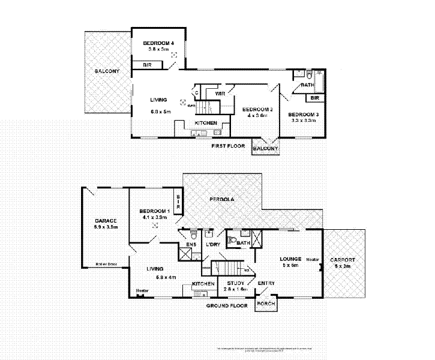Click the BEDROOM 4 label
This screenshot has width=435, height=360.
[x=158, y=43]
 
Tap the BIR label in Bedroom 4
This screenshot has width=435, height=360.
[x=146, y=65]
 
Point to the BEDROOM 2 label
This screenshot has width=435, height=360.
[x=257, y=109]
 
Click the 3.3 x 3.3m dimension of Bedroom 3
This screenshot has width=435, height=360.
[x=302, y=120]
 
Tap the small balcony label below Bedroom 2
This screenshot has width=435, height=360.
[x=265, y=148]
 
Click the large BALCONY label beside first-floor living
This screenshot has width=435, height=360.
[x=107, y=71]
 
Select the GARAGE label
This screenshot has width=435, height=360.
[x=105, y=221]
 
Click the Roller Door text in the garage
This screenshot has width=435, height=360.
[x=106, y=264]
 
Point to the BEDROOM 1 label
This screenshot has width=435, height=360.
[x=154, y=211]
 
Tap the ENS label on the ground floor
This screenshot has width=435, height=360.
[x=191, y=244]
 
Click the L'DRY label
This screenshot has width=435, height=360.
[x=214, y=244]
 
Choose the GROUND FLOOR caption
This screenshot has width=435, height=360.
[x=227, y=305]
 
